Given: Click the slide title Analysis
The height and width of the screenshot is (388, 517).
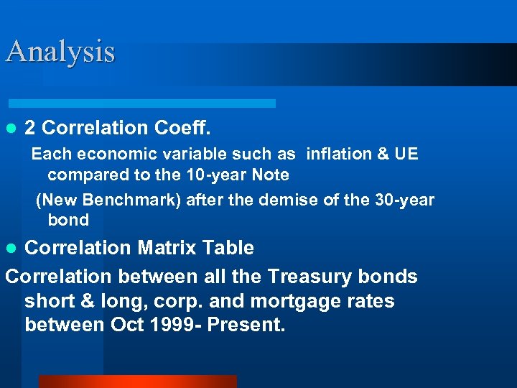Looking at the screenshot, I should click(60, 52).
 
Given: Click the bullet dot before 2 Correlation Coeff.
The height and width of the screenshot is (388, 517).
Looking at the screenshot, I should click(10, 129).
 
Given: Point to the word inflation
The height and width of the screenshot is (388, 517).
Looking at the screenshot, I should click(338, 154).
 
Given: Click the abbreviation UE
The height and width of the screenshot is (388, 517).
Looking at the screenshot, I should click(406, 154).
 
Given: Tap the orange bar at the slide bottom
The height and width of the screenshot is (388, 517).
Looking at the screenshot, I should click(136, 382).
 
